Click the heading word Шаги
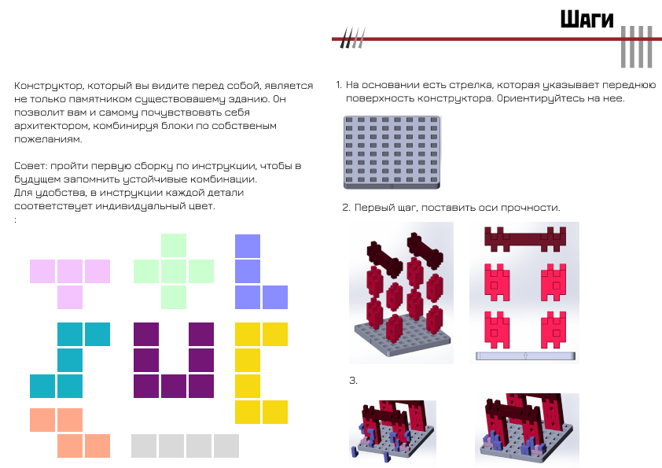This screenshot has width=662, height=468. (587, 20)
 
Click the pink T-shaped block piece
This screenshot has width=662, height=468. (70, 271)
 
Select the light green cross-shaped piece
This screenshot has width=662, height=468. (174, 271)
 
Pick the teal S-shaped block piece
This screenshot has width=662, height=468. (70, 360)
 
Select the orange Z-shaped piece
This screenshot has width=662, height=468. (70, 433)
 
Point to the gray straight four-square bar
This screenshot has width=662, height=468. (185, 446)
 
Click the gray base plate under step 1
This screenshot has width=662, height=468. (392, 153)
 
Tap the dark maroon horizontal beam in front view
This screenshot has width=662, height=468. (524, 238)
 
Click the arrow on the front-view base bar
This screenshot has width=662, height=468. (525, 356)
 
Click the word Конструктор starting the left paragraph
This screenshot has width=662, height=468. (48, 86)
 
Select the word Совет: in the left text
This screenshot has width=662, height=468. (30, 166)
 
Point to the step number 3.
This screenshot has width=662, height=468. (353, 381)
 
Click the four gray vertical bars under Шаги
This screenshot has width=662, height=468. (637, 47)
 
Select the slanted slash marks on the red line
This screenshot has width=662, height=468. (352, 38)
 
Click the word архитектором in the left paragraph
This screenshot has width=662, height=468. (52, 126)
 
